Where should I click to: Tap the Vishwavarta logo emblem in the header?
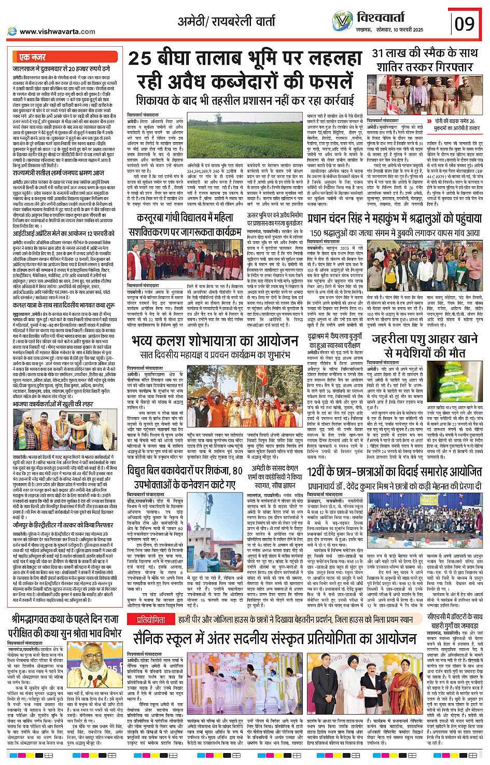342,21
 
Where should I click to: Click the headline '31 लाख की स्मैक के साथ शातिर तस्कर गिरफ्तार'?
425,60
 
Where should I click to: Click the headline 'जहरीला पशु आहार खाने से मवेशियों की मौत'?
425,346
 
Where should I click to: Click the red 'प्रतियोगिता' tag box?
151,620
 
